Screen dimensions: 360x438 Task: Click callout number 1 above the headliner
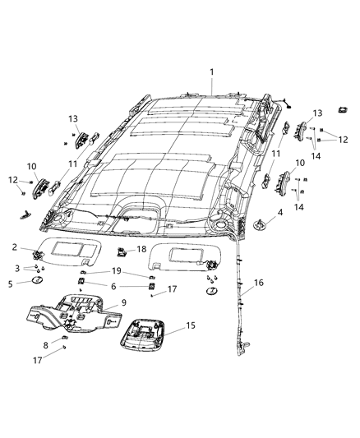coord(212,72)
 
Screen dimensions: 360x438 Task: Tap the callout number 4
coord(279,213)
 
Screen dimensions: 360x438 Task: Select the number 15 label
coord(191,325)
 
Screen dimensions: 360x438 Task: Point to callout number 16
coord(259,283)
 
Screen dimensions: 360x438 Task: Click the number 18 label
coord(142,249)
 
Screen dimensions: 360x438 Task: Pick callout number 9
coord(124,302)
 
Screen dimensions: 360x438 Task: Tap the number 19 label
coord(117,271)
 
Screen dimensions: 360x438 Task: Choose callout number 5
coord(11,284)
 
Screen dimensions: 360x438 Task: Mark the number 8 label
coord(46,345)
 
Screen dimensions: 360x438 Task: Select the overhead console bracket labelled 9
coord(74,313)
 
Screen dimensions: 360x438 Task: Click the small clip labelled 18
coord(121,251)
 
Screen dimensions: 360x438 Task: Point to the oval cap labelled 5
coord(37,279)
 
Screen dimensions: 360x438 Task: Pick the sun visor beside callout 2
coord(69,251)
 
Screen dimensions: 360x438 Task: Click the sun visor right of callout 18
coord(185,257)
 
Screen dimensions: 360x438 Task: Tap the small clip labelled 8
coord(65,338)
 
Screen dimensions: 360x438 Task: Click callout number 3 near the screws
coord(17,269)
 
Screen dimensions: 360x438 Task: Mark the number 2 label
coord(15,247)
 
